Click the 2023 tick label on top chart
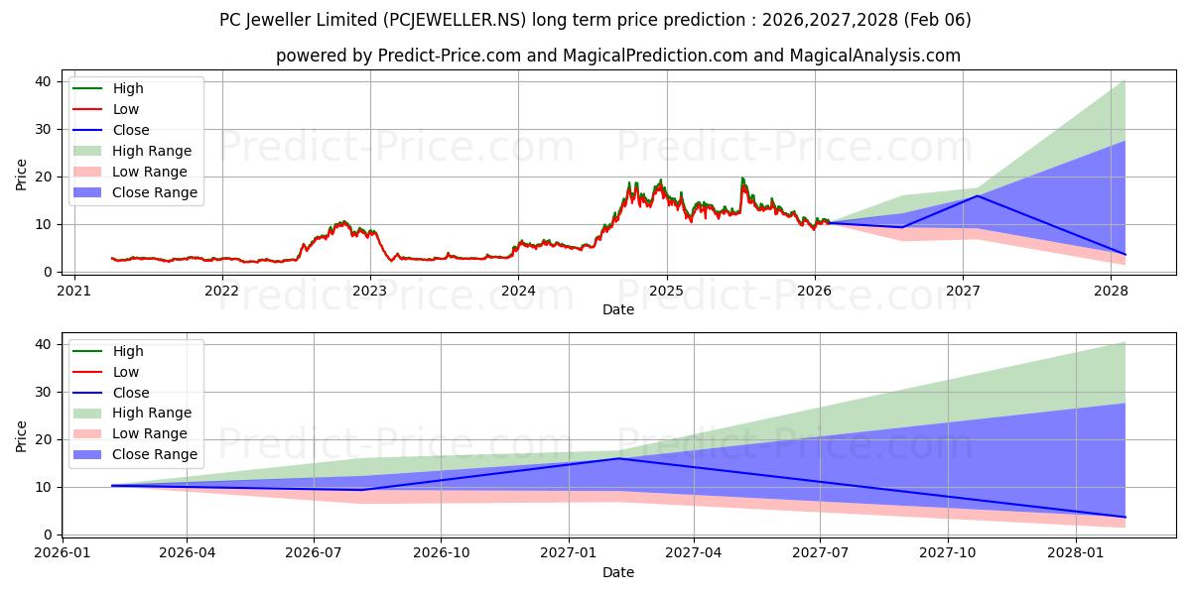point(370,291)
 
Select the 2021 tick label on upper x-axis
point(73,291)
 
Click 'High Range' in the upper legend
point(152,151)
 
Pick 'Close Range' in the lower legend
point(155,454)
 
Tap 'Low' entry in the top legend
point(126,109)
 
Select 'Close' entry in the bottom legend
point(131,393)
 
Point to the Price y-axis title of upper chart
point(22,175)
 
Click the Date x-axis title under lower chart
point(617,572)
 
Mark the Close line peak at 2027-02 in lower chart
point(618,458)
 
